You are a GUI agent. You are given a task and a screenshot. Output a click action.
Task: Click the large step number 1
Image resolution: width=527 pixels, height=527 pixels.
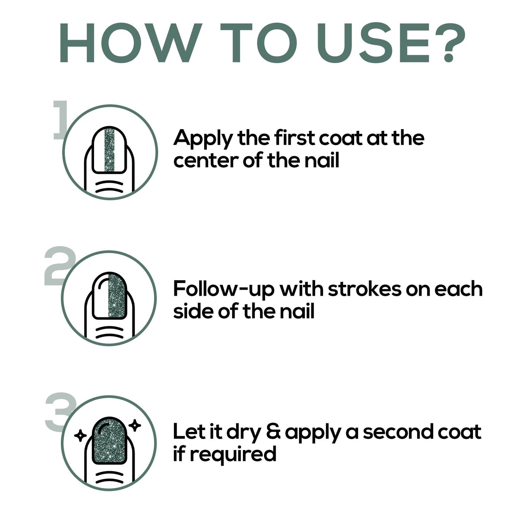coord(61,120)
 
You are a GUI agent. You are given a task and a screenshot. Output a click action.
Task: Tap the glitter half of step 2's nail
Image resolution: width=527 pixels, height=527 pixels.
coord(117,296)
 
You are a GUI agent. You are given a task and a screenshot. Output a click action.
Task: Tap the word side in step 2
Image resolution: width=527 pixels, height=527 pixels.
coord(193,311)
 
